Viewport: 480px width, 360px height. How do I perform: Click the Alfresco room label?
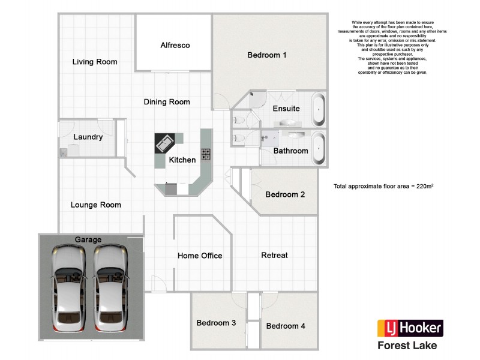tap(175, 45)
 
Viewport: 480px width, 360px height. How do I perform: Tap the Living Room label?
tap(95, 62)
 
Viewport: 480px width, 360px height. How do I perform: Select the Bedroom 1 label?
tap(267, 55)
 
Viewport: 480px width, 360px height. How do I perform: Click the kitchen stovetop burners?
tap(206, 154)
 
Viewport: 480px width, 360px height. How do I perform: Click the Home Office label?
tap(200, 256)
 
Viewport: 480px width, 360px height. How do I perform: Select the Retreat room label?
tap(275, 255)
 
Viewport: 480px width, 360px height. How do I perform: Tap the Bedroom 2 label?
tap(286, 194)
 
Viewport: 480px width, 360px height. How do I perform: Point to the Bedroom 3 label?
tap(216, 323)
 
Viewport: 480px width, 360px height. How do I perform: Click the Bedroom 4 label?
tap(286, 326)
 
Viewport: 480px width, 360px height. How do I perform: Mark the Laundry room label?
tap(88, 137)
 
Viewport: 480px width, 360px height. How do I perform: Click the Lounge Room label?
tap(96, 205)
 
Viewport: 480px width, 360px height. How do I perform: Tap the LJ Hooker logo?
tap(410, 328)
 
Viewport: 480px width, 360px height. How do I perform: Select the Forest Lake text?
tap(407, 346)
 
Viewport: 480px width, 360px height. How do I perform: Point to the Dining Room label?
tap(167, 102)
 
